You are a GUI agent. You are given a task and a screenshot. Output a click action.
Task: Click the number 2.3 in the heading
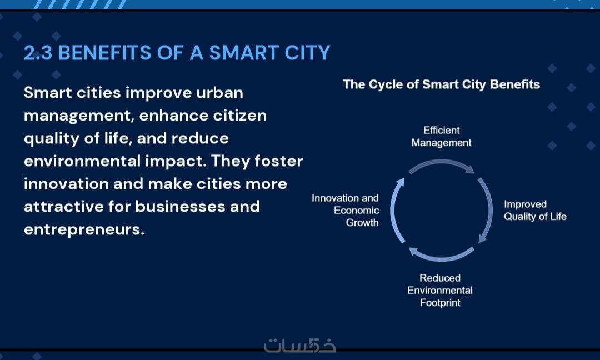pos(38,53)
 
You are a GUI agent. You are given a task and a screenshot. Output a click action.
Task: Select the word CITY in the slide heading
pos(307,53)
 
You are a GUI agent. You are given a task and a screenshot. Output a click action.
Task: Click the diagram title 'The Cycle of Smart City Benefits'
pos(441,84)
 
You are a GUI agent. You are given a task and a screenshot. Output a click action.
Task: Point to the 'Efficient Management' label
pos(441,137)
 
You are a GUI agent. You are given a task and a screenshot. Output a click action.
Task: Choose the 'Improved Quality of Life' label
pos(535,211)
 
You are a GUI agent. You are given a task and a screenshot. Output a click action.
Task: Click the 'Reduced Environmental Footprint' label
pos(439,291)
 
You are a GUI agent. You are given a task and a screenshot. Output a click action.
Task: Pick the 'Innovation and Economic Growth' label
pos(345,211)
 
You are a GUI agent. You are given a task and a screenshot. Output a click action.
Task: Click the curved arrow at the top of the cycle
pos(441,162)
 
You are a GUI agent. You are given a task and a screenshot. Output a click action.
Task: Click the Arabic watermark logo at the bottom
pos(299,346)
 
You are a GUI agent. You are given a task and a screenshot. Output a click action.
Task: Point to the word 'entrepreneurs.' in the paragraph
pos(84,229)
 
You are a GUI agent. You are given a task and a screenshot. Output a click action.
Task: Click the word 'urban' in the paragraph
pos(219,93)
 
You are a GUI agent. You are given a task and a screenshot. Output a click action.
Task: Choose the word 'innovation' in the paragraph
pos(66,184)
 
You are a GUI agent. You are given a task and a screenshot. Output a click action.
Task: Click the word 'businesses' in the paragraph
pos(180,207)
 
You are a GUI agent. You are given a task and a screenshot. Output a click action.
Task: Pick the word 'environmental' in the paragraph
pos(82,161)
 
